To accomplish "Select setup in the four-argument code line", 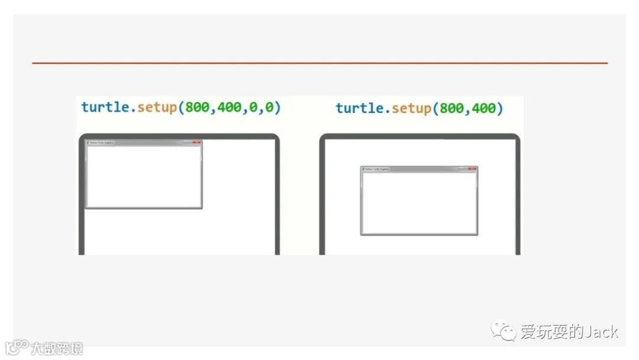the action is [x=157, y=107].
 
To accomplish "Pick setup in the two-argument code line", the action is [x=411, y=108].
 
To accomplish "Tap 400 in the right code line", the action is [x=485, y=108].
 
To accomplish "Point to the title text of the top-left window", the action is [x=101, y=143].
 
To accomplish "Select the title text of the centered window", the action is [x=377, y=169].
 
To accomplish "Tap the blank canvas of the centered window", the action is [x=419, y=202].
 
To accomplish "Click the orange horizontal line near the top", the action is [x=319, y=63].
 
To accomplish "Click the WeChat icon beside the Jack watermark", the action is [x=505, y=331].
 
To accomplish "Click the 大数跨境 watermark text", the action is [x=57, y=348].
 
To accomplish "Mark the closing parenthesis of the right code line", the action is [x=501, y=108].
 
